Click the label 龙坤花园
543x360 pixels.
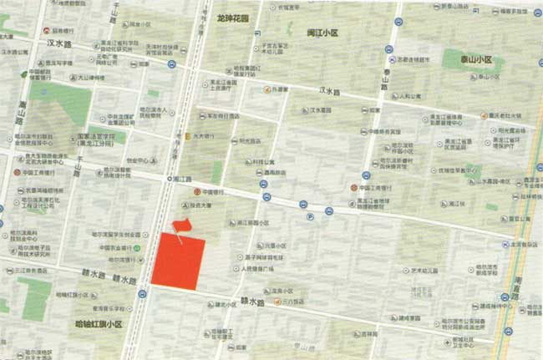[233, 17]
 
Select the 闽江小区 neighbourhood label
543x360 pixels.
[322, 33]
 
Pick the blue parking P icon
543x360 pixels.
[309, 215]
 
